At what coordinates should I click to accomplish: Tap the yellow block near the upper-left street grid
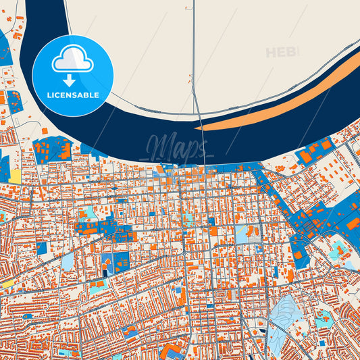[x=15, y=176]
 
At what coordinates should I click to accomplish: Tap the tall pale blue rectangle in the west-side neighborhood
[x=68, y=261]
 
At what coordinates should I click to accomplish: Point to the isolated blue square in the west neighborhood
[x=42, y=248]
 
